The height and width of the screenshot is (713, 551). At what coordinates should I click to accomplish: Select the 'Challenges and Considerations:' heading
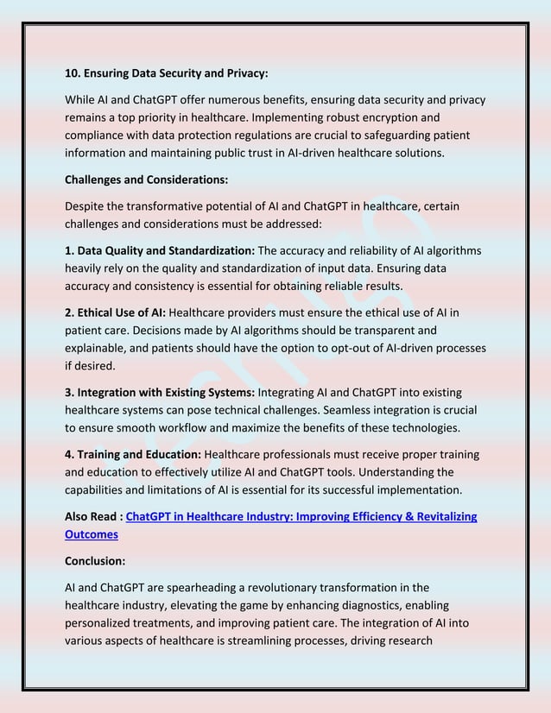pos(146,180)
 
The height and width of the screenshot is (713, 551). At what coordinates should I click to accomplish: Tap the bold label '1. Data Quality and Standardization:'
pos(160,250)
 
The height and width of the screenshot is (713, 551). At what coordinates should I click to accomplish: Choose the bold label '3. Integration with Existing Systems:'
pos(160,393)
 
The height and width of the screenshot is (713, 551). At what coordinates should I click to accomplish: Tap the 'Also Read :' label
pos(94,516)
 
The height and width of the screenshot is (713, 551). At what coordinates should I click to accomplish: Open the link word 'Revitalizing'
pos(442,516)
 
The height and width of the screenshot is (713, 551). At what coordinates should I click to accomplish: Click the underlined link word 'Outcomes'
pos(92,534)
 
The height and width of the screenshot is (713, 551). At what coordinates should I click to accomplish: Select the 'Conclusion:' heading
pos(95,559)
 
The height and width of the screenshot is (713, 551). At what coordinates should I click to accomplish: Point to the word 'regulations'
pos(285,136)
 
